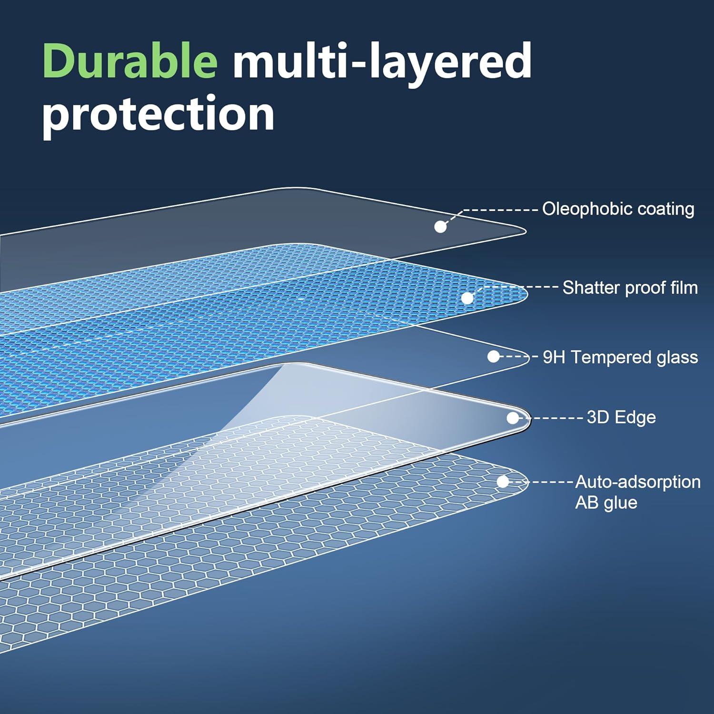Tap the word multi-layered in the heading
point(382,62)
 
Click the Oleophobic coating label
point(618,209)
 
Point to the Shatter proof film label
point(630,288)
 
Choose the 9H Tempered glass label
point(620,357)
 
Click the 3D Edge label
point(621,417)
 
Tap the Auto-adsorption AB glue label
point(637,492)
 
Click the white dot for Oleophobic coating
point(440,227)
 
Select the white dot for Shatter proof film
point(467,298)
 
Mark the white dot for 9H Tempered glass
point(494,357)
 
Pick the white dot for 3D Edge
point(513,418)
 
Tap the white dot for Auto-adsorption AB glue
point(503,482)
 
